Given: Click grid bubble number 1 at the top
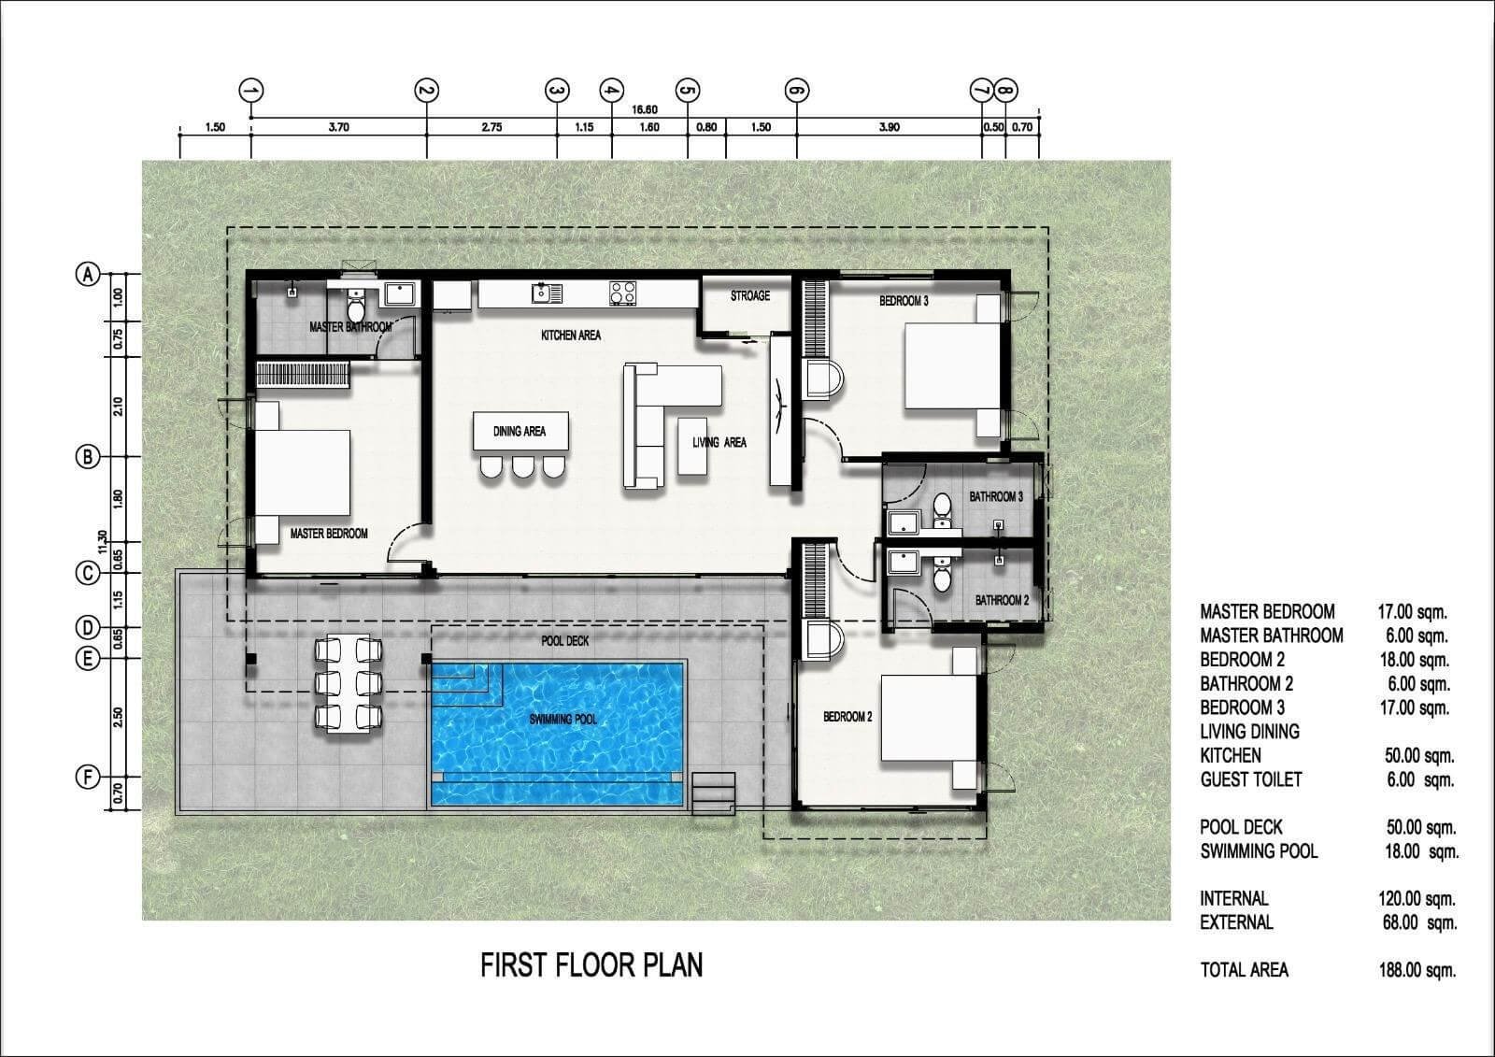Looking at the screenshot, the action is (251, 90).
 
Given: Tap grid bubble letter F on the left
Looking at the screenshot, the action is (88, 778).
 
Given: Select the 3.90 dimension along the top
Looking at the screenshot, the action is (889, 127).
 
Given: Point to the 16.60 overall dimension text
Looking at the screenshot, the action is (645, 109).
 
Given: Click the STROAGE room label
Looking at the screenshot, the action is (749, 296).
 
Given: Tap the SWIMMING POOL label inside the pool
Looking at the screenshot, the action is (562, 719).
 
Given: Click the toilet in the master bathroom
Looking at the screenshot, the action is (356, 307).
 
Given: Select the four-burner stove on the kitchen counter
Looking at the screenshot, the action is (622, 293).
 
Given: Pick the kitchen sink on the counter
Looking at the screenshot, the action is (547, 293).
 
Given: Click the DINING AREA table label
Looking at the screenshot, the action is (520, 432).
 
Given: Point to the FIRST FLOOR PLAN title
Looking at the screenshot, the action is (591, 965).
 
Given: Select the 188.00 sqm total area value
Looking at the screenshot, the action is (1417, 969).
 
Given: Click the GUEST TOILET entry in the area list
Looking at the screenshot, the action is (1251, 779).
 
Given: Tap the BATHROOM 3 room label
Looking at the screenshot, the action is (996, 497).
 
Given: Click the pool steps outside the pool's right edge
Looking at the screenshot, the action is (714, 793).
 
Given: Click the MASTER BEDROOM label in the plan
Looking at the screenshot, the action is (328, 534).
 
